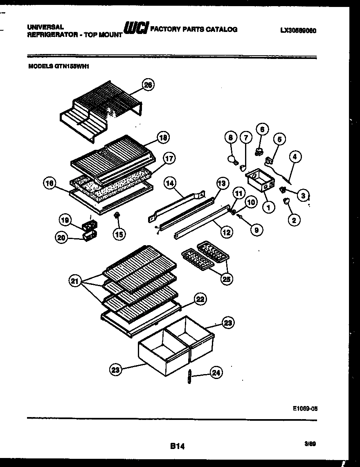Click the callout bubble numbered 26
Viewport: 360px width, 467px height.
(x=148, y=85)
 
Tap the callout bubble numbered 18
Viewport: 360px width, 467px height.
(x=163, y=138)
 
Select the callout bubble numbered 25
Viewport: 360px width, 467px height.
(x=225, y=279)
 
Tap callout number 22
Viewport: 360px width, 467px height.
(x=200, y=299)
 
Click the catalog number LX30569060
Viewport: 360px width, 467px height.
(x=299, y=30)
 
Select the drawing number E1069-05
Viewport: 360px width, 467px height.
(x=305, y=408)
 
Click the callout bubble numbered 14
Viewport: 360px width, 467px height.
(x=171, y=184)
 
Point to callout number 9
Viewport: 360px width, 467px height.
(x=256, y=230)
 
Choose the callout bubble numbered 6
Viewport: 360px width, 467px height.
(x=262, y=129)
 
